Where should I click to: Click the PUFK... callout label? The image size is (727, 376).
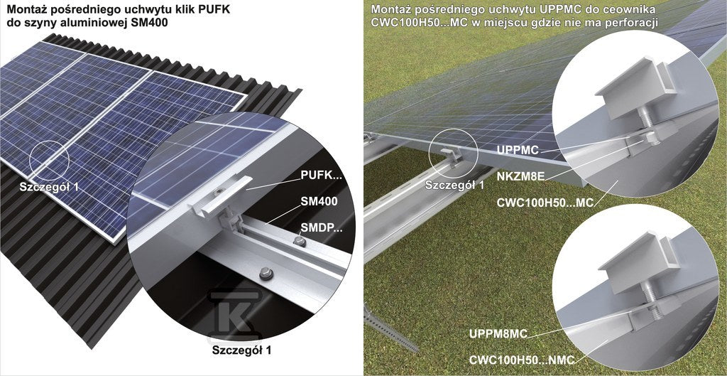pos(321,176)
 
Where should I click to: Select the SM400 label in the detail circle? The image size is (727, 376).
pos(319,201)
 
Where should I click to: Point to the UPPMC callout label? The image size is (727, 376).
pos(518,150)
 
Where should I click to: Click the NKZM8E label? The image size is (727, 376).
pos(520,177)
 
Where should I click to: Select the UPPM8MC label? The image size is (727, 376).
pos(498,334)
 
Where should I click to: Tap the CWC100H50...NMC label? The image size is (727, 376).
pos(522,360)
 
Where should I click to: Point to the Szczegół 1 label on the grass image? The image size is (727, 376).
pos(455,185)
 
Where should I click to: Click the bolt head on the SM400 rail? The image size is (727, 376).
pos(299,241)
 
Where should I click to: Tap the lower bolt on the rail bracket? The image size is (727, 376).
pos(266,274)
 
